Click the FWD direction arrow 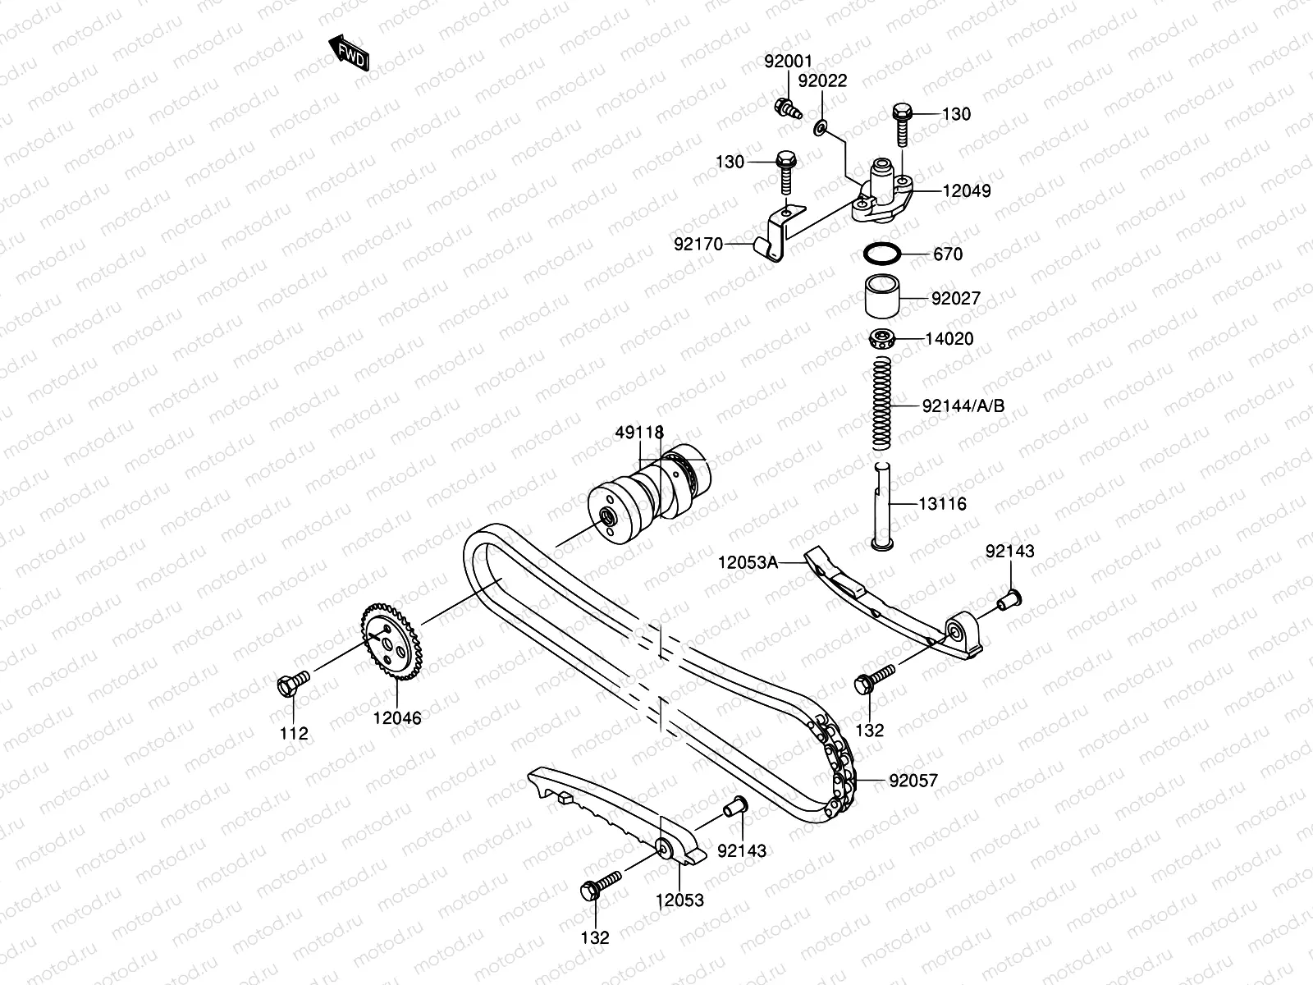tap(350, 54)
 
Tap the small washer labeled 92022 tap(821, 127)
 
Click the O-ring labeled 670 tap(882, 254)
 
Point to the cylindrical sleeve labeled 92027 tap(881, 298)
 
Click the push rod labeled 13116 tap(882, 504)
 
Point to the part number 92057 tap(913, 781)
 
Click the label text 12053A tap(747, 562)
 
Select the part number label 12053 tap(679, 900)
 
